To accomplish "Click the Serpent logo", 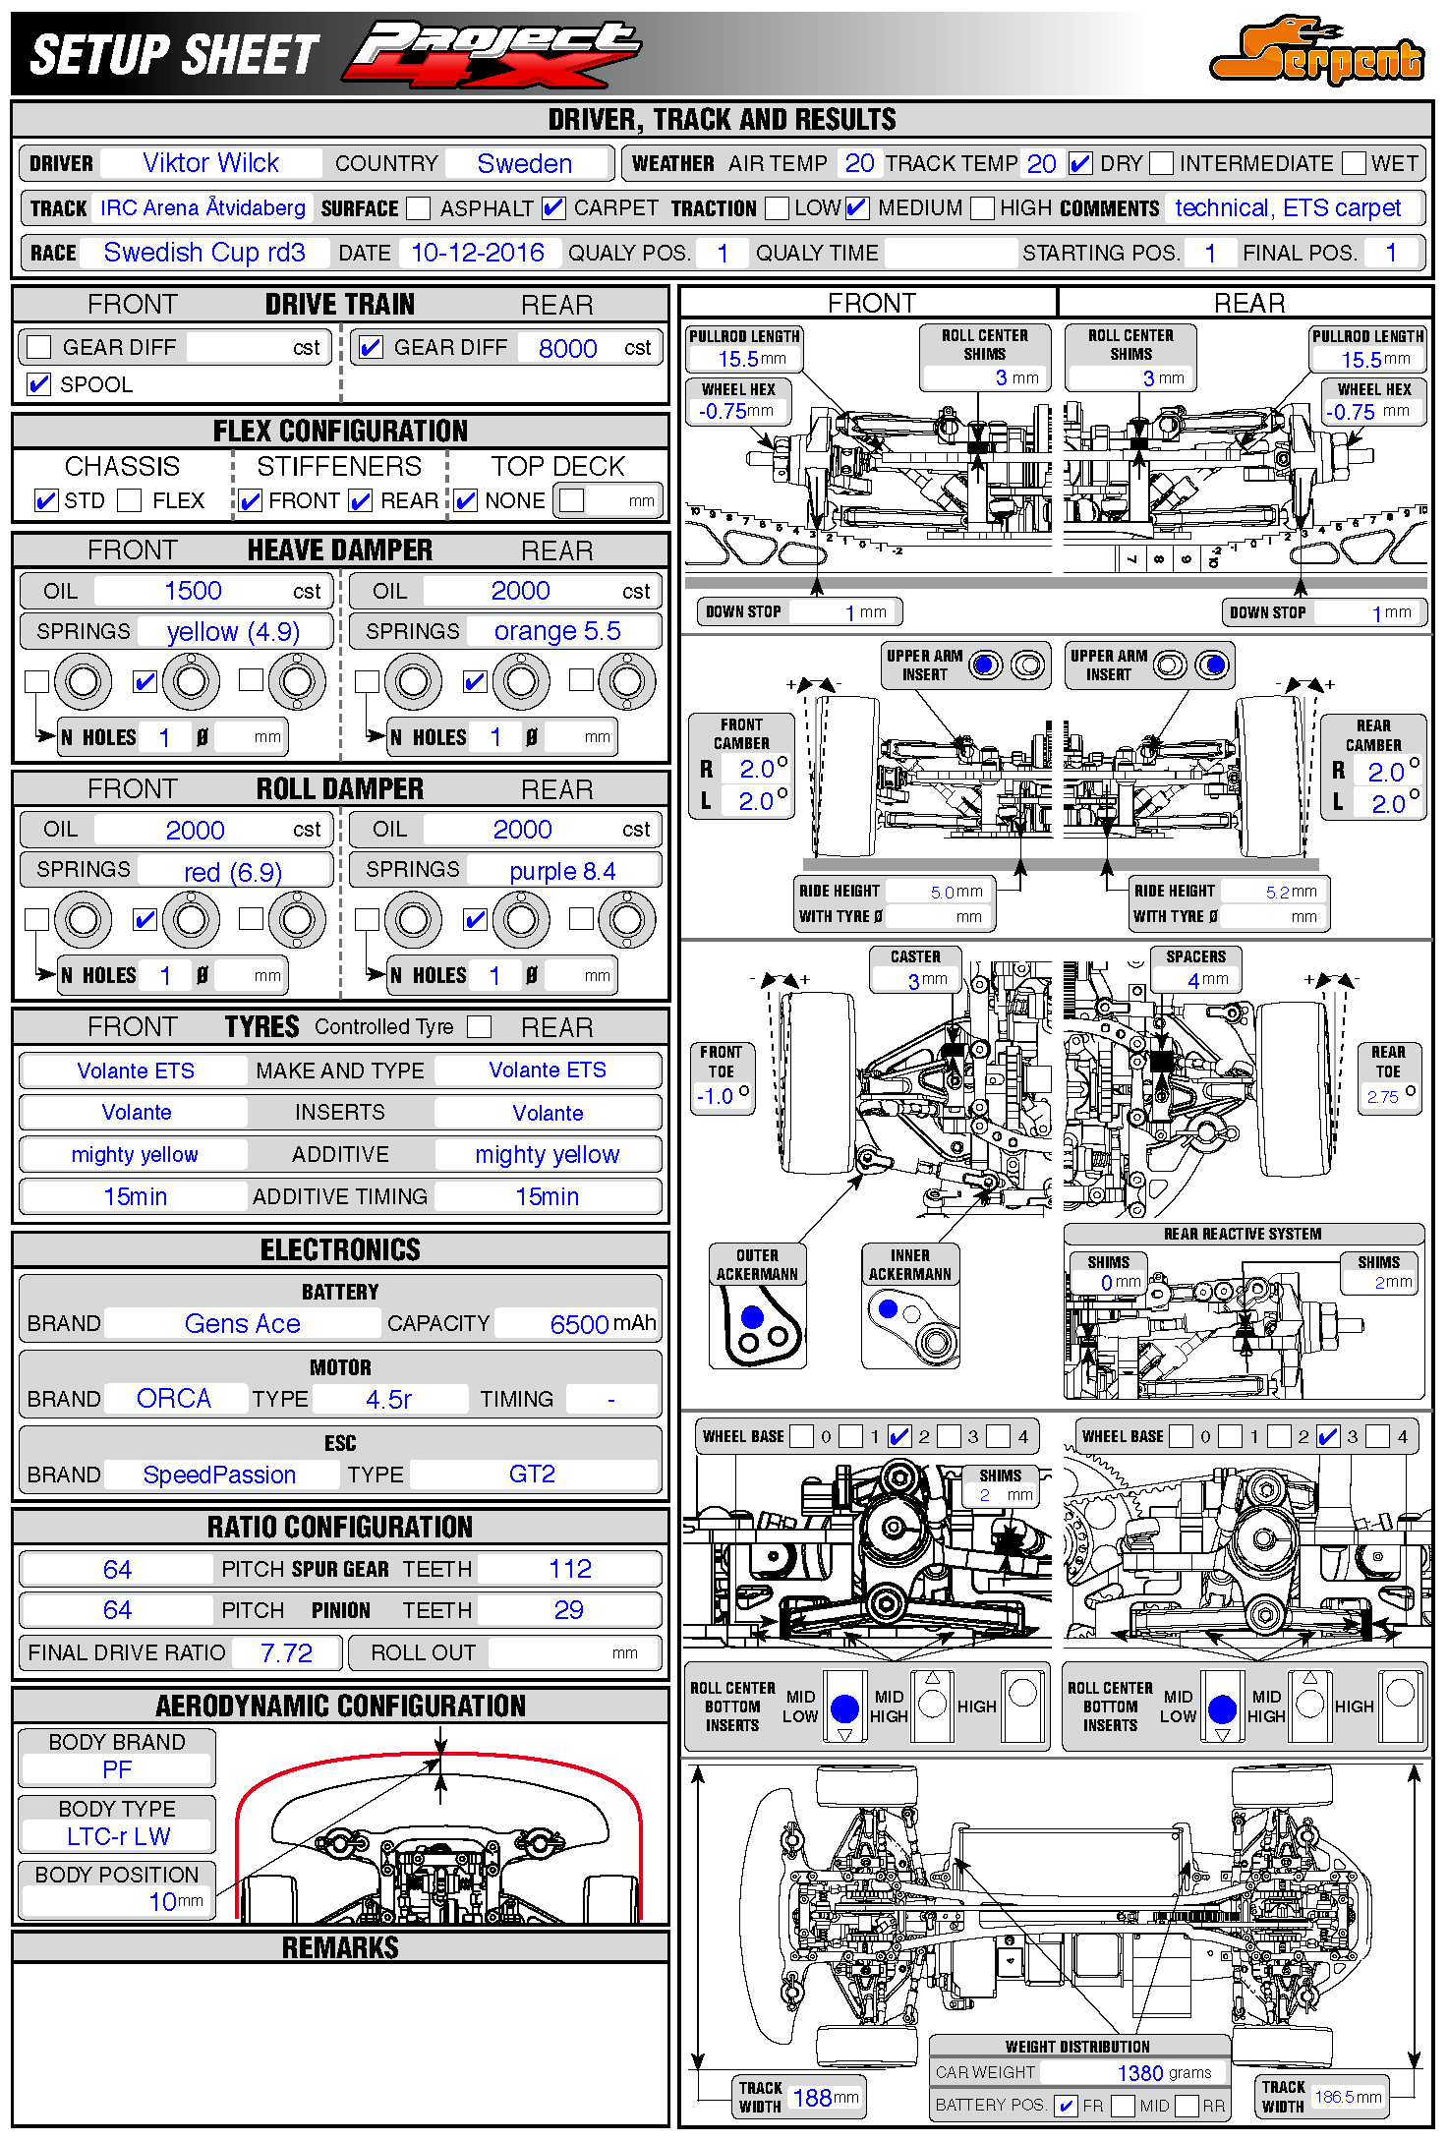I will click(x=1317, y=51).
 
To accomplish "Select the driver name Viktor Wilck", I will click(x=210, y=163).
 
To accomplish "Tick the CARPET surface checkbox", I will click(x=553, y=208).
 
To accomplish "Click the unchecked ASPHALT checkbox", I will click(x=419, y=208).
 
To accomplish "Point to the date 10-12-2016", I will click(x=477, y=254).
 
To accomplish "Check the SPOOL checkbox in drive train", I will click(x=39, y=384).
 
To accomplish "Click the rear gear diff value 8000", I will click(x=567, y=348).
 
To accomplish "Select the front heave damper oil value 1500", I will click(x=193, y=591).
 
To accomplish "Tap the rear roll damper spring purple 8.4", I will click(x=562, y=871).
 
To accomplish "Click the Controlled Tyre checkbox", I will click(x=479, y=1026).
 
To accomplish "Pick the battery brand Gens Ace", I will click(x=242, y=1324).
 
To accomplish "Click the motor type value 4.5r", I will click(x=388, y=1399).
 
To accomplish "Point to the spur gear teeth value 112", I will click(x=570, y=1569).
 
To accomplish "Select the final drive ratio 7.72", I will click(x=286, y=1653).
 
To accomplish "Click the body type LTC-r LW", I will click(x=118, y=1836).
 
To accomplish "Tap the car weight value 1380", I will click(x=1140, y=2072).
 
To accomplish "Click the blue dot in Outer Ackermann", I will click(x=752, y=1316).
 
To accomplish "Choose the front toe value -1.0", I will click(x=715, y=1096).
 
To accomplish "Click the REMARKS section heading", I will click(x=340, y=1947).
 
